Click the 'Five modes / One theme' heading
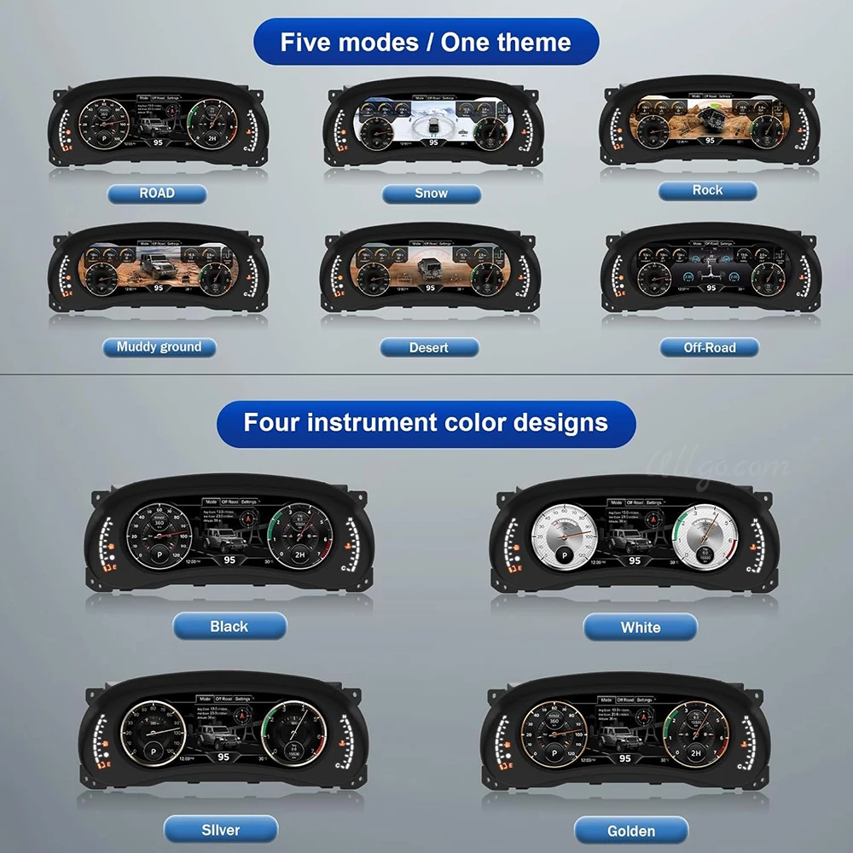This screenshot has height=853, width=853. tap(426, 42)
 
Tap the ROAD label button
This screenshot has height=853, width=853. tap(157, 194)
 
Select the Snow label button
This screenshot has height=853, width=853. tap(431, 194)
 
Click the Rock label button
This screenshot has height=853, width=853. tap(707, 190)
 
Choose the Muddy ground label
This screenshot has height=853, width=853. tap(160, 347)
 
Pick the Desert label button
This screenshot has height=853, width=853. tap(429, 347)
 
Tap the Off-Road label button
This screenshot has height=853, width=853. tap(709, 347)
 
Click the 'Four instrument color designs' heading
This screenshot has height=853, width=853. tap(426, 422)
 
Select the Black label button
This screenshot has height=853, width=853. tap(229, 627)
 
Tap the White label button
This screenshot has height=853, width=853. tap(640, 628)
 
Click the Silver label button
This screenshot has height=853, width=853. tap(220, 829)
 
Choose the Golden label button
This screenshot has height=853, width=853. tap(631, 830)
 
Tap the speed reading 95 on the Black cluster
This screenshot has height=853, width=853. tap(229, 560)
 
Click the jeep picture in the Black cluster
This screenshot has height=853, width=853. tap(225, 540)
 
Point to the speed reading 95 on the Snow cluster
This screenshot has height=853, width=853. tap(433, 142)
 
